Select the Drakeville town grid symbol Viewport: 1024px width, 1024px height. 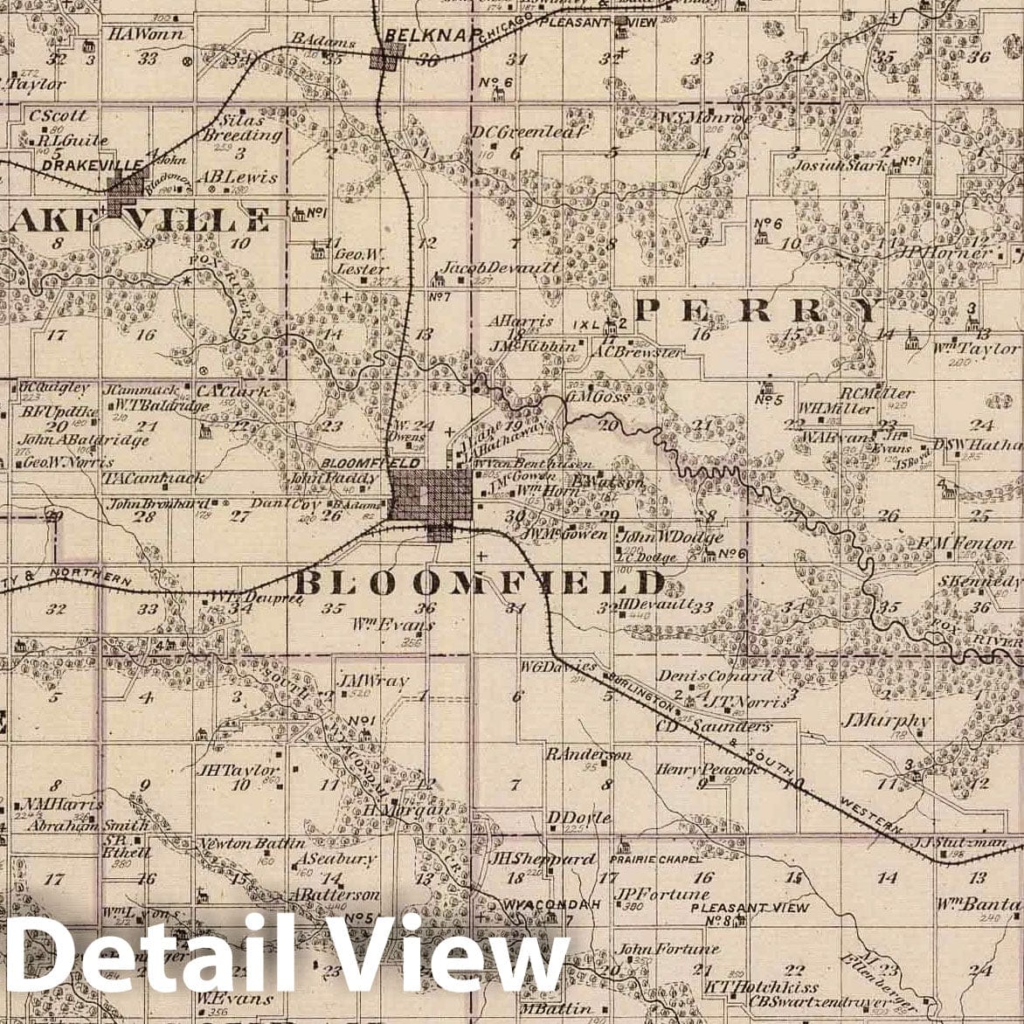(x=128, y=190)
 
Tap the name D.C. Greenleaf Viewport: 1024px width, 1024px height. (x=529, y=131)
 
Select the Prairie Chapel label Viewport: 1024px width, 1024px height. (x=655, y=859)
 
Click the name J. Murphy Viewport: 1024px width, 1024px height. (x=885, y=721)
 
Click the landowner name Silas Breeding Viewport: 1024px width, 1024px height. (x=242, y=128)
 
